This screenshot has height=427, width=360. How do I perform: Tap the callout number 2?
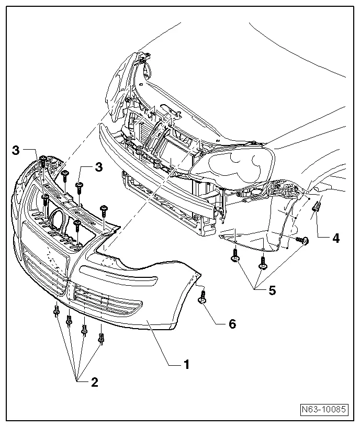(94, 382)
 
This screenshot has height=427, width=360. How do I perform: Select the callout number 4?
(336, 238)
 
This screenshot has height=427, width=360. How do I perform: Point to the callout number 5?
(272, 290)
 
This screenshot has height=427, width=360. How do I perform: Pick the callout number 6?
(232, 324)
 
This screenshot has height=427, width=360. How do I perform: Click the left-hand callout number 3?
(16, 151)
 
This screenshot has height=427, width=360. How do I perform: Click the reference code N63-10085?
(324, 409)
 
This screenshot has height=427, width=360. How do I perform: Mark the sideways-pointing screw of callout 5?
(302, 240)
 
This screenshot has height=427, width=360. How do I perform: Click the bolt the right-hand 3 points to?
(80, 185)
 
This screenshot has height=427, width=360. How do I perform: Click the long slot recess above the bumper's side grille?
(117, 274)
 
